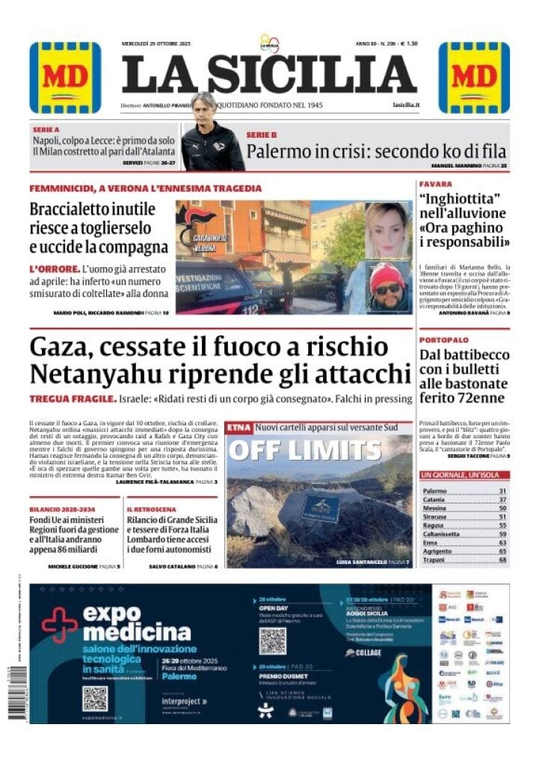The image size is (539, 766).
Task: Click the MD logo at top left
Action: (65, 77)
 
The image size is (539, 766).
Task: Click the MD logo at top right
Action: (474, 77)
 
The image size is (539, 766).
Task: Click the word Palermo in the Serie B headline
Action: (277, 151)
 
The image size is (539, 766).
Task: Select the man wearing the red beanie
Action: (387, 287)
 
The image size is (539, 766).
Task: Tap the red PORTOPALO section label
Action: (443, 340)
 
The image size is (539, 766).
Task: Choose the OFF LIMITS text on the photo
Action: (304, 450)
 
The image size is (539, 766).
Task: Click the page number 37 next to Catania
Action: (502, 500)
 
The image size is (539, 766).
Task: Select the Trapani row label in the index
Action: (434, 560)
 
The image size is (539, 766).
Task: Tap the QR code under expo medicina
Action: (95, 698)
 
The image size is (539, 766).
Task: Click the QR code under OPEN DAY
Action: (272, 640)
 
